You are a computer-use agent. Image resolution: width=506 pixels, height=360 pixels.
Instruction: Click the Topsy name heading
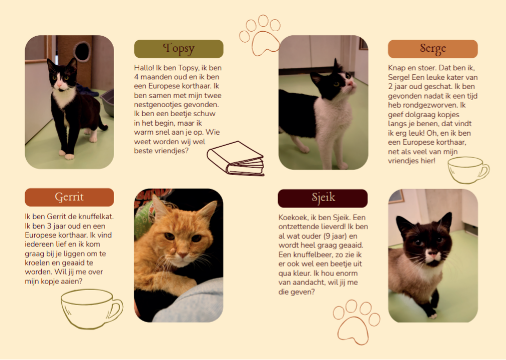(179, 49)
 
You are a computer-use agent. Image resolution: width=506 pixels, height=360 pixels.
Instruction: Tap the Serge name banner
(433, 49)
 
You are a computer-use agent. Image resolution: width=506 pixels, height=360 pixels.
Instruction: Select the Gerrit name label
(69, 197)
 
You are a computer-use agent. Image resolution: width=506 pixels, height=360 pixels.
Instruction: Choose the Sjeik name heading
(323, 198)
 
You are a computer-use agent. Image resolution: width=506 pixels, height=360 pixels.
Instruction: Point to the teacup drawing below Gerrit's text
(92, 309)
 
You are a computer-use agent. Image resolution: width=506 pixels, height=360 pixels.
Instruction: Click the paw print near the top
(260, 36)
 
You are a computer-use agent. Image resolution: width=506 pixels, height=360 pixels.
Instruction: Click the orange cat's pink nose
(183, 255)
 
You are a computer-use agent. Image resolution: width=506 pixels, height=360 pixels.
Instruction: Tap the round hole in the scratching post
(82, 51)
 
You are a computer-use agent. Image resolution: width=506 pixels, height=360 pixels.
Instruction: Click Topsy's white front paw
(69, 157)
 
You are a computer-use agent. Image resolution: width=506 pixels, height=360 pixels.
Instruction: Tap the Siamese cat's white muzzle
(433, 256)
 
